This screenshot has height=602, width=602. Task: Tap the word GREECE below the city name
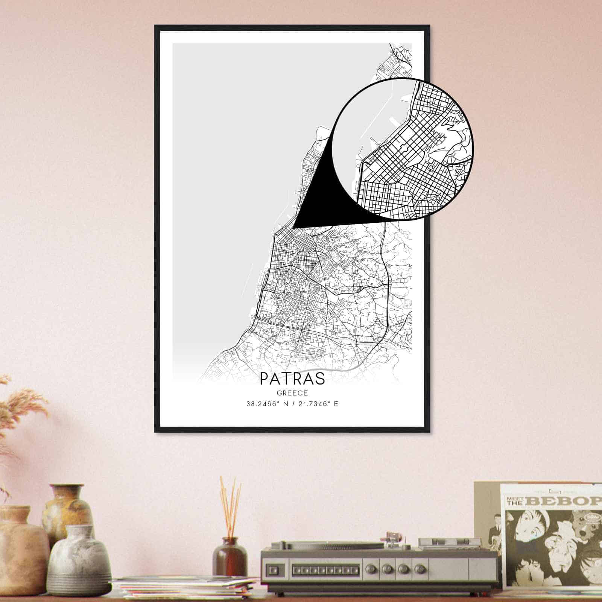click(292, 393)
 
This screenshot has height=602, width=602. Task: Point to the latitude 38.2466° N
click(265, 404)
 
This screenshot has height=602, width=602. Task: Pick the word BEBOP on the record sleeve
click(564, 501)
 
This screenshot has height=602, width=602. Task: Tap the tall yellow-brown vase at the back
click(68, 508)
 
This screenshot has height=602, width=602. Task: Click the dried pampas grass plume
click(23, 406)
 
